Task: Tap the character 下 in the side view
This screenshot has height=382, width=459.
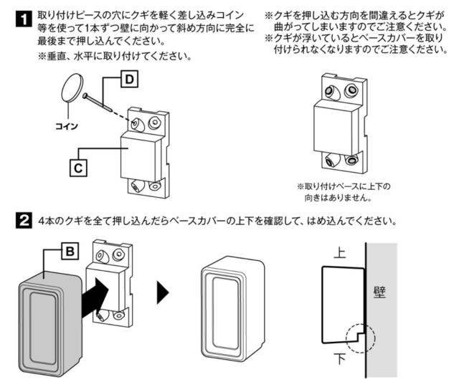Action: point(340,357)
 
